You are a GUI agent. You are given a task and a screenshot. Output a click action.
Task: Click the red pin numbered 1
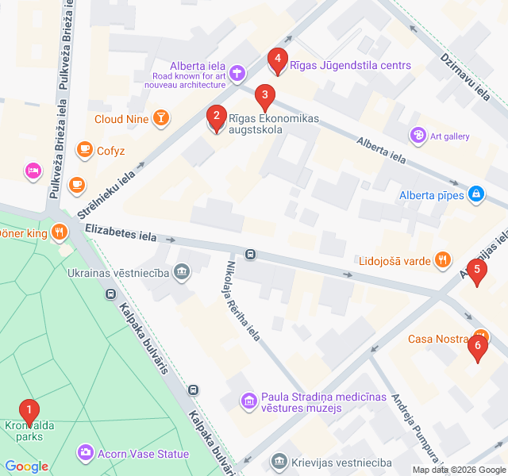pyautogui.click(x=29, y=412)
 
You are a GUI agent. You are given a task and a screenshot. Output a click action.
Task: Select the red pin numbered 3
pyautogui.click(x=264, y=97)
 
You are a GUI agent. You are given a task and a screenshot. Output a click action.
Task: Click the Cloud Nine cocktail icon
pyautogui.click(x=161, y=119)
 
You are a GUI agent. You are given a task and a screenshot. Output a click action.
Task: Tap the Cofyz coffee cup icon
pyautogui.click(x=84, y=150)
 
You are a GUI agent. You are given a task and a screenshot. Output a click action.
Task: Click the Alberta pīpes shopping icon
pyautogui.click(x=476, y=194)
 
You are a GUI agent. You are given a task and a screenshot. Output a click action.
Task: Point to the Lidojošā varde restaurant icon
pyautogui.click(x=443, y=259)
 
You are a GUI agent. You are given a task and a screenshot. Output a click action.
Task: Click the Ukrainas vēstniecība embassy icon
pyautogui.click(x=183, y=273)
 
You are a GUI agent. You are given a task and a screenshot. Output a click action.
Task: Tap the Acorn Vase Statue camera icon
pyautogui.click(x=84, y=454)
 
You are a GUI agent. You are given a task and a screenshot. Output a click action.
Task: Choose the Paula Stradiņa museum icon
pyautogui.click(x=249, y=401)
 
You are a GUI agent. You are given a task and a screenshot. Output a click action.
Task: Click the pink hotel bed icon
pyautogui.click(x=32, y=170)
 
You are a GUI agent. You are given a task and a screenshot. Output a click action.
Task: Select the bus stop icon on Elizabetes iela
pyautogui.click(x=250, y=255)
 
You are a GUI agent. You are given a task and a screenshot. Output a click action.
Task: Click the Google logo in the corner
pyautogui.click(x=26, y=466)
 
